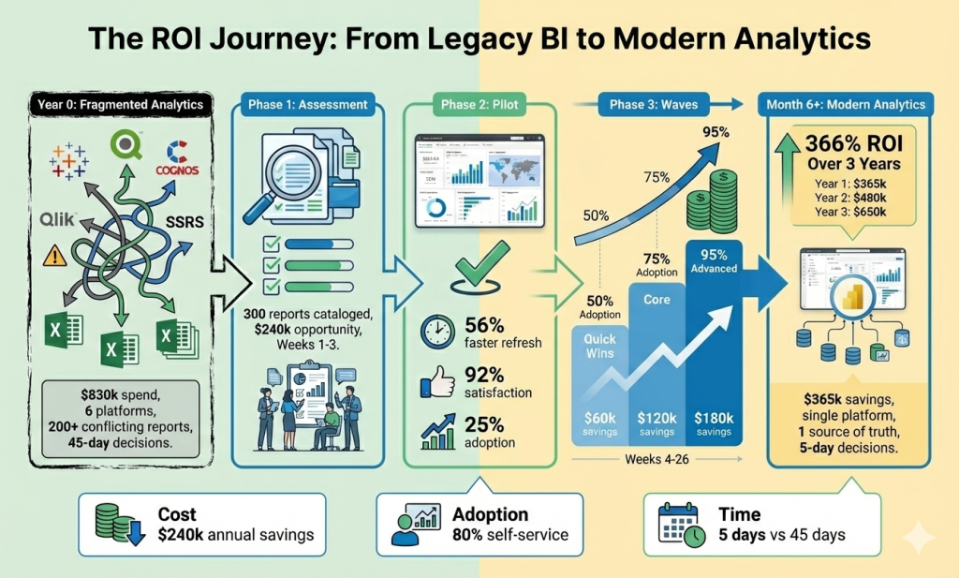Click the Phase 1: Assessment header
point(308,104)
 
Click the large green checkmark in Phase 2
point(479,263)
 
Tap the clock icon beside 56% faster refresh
point(438,332)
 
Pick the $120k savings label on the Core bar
point(657,422)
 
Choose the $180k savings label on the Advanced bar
point(715,422)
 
